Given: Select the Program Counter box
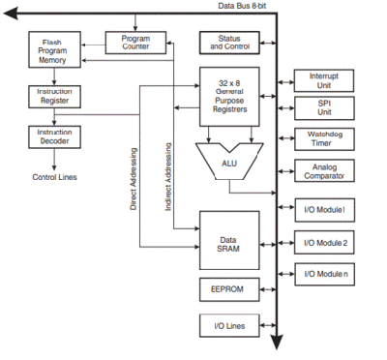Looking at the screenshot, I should (134, 43).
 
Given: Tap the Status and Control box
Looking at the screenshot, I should (230, 43).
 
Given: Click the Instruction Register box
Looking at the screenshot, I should (51, 96).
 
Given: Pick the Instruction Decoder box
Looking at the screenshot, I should (51, 136).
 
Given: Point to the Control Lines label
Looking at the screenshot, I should (54, 177).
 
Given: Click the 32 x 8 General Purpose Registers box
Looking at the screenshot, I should (230, 95).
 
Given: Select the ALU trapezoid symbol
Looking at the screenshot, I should (230, 162).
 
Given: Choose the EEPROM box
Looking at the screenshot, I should (230, 289).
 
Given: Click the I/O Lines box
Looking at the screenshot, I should (230, 326).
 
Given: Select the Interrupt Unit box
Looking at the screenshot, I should (324, 80).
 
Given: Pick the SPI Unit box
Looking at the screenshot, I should (324, 108).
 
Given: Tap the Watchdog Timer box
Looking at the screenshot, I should (324, 139).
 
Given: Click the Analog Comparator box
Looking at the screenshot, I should (324, 172).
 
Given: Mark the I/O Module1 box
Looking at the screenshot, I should (324, 210).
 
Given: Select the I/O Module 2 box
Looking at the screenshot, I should (324, 243).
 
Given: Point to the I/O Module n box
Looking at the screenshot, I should (324, 275).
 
